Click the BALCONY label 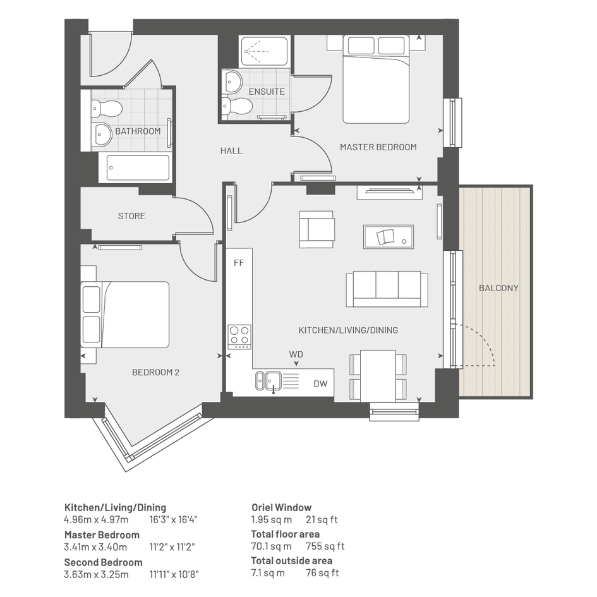(x=498, y=288)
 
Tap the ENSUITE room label (x=267, y=92)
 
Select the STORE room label (x=131, y=216)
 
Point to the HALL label (x=231, y=151)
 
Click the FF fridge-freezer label (x=239, y=263)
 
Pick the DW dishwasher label (x=320, y=383)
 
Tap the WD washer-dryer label (x=296, y=354)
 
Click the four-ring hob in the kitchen (x=239, y=337)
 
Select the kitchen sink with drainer (x=277, y=382)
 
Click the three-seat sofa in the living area (x=387, y=289)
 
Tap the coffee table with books (x=389, y=236)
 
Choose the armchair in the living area (x=317, y=229)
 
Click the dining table (x=378, y=376)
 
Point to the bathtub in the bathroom (x=138, y=167)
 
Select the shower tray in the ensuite (x=264, y=51)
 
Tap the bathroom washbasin (x=102, y=134)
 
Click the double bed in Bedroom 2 (x=125, y=315)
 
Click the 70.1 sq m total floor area (x=272, y=546)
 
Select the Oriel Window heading (x=281, y=507)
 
